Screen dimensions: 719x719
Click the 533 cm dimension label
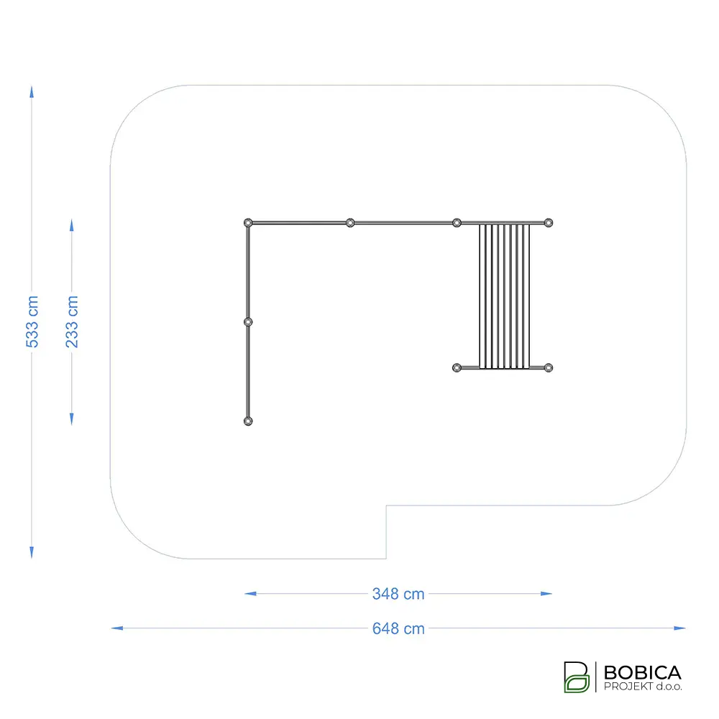tap(32, 322)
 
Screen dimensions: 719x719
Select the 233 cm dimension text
tap(72, 322)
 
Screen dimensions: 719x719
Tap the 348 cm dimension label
tap(398, 594)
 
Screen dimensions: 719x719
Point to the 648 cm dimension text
tap(398, 628)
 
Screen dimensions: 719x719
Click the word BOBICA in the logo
tap(642, 673)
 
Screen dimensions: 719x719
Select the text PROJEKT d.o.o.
tap(642, 687)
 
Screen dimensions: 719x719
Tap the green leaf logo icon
tap(577, 677)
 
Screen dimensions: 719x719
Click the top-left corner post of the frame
tap(248, 223)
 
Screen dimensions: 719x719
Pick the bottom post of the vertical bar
tap(248, 421)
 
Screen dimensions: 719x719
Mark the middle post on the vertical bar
tap(248, 322)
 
